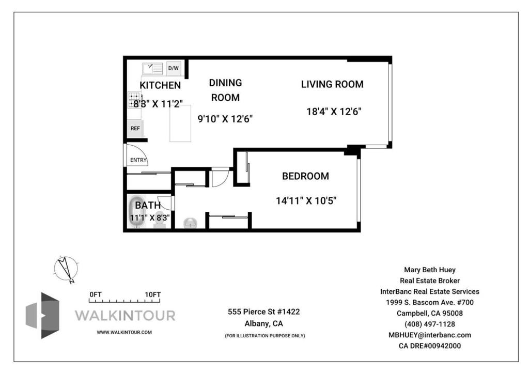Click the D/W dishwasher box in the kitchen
click(174, 68)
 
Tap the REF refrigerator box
click(135, 129)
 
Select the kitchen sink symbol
click(152, 69)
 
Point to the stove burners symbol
click(134, 100)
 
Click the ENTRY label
click(138, 160)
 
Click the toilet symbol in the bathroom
click(161, 220)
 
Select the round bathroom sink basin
click(191, 223)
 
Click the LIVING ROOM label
click(332, 84)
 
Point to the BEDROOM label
click(305, 176)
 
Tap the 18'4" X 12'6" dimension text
click(334, 111)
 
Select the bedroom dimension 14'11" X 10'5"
click(306, 200)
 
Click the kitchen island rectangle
click(180, 123)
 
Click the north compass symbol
click(66, 269)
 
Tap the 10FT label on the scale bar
click(153, 294)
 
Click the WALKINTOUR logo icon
click(42, 315)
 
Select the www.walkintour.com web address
click(124, 332)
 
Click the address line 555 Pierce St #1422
click(264, 311)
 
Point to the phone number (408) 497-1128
click(430, 324)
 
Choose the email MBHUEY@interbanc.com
click(430, 335)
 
